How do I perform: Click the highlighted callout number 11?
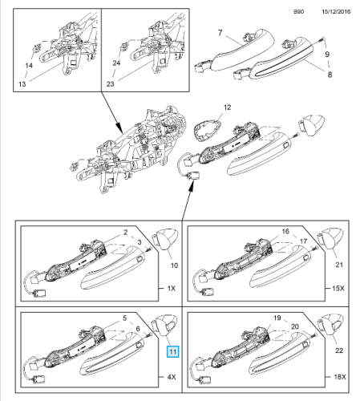(172, 351)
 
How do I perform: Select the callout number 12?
(227, 107)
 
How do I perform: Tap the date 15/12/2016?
(336, 11)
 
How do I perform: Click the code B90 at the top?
(299, 11)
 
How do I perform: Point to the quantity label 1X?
(172, 288)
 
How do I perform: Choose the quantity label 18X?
(340, 377)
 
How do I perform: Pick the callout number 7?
(220, 33)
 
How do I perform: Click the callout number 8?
(330, 75)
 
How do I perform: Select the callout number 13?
(22, 84)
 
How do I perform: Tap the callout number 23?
(110, 84)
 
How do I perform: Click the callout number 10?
(174, 265)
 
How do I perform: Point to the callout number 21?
(339, 265)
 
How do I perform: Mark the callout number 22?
(339, 350)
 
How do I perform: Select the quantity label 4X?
(172, 377)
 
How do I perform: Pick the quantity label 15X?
(338, 288)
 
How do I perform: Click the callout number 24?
(116, 63)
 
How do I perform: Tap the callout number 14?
(29, 65)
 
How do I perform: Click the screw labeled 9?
(321, 40)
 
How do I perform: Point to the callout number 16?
(285, 231)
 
